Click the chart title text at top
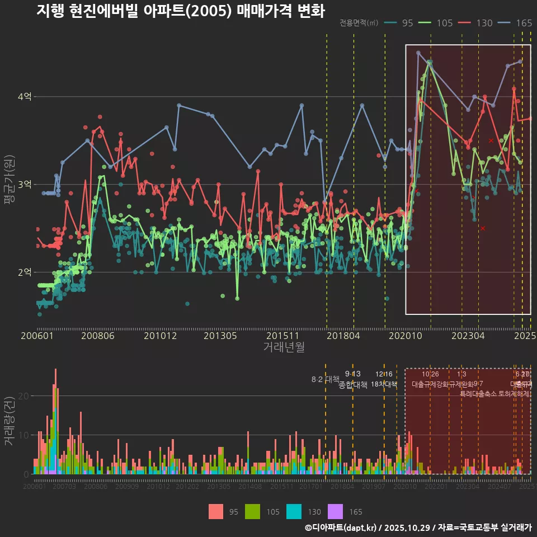coord(180,11)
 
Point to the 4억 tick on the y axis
coord(25,97)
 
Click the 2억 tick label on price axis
coord(25,272)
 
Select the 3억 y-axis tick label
coord(25,185)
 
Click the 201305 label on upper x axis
coord(220,336)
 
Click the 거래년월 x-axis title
coord(284,347)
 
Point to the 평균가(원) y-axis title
coord(8,185)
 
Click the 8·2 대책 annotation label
coord(326,379)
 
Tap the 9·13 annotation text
coord(352,374)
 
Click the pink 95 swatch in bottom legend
coord(216,511)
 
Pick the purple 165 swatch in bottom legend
coord(335,511)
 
